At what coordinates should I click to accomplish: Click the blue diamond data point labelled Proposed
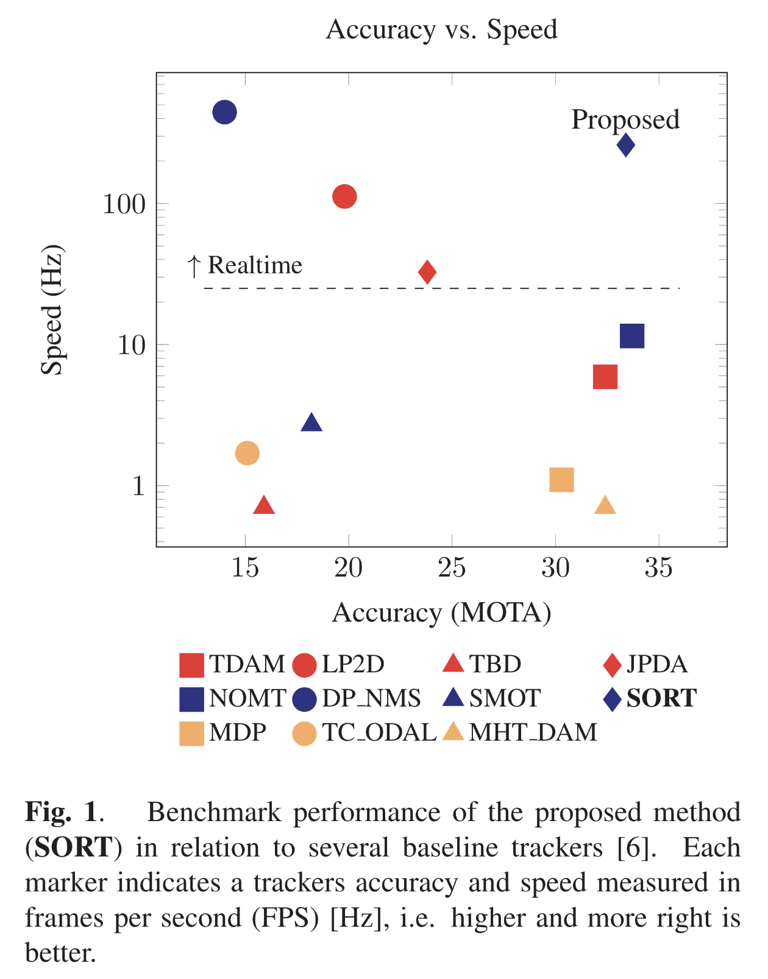626,145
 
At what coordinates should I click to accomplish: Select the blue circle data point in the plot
224,112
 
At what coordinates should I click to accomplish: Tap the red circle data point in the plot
344,196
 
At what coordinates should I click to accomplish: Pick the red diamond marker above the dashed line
427,272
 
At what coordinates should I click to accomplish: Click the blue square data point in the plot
632,336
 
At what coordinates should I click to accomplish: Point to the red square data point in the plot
605,377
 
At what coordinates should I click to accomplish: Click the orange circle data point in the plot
247,454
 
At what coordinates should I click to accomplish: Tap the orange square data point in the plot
561,480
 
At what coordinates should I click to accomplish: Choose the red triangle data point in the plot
264,506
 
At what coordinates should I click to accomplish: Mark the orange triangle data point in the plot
605,506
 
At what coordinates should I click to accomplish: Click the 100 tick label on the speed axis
124,204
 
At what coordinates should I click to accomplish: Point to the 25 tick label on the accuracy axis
452,568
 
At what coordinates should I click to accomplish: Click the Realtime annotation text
255,265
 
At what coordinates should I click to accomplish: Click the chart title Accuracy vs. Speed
442,29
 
